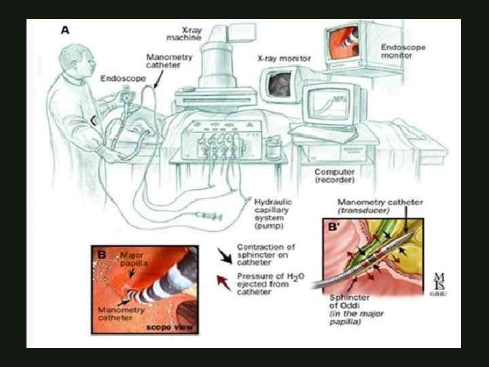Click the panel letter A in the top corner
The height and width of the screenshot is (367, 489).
[65, 30]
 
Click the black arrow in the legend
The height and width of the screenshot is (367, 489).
[223, 252]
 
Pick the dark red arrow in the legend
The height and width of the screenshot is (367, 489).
[223, 280]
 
